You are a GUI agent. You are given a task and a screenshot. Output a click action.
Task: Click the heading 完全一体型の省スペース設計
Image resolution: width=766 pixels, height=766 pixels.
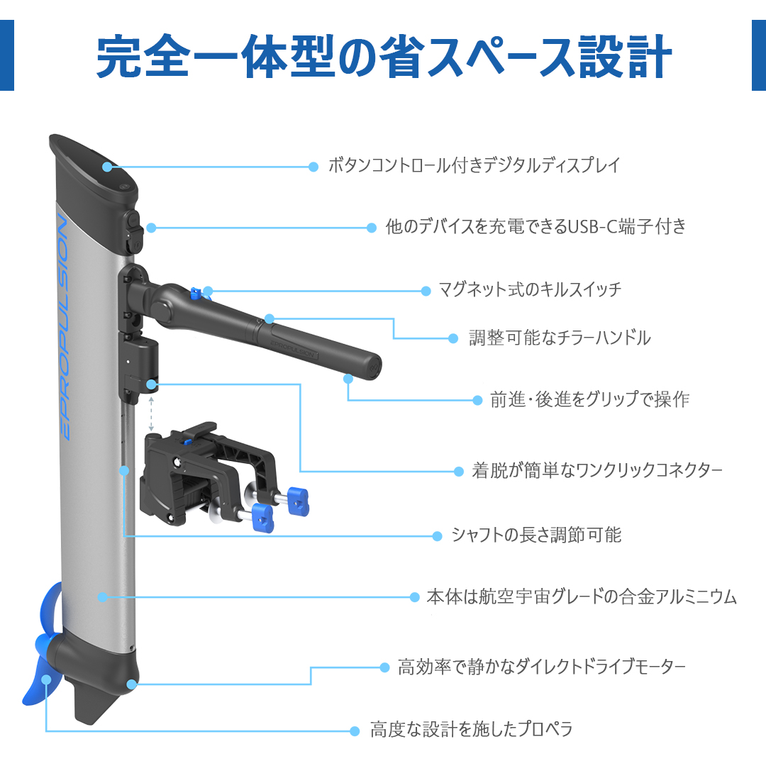tap(384, 56)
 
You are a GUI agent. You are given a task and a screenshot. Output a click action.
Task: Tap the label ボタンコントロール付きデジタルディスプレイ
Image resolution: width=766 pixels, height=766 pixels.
tap(474, 165)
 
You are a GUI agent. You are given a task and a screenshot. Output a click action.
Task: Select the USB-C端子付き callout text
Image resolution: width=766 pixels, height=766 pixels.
tap(536, 226)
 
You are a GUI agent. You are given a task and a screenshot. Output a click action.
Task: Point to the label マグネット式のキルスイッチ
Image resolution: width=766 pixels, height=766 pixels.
tap(530, 289)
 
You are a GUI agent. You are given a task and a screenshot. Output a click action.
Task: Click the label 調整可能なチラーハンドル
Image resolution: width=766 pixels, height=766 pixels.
tap(560, 338)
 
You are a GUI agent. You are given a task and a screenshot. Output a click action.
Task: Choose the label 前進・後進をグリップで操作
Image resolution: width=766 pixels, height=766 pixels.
tap(589, 399)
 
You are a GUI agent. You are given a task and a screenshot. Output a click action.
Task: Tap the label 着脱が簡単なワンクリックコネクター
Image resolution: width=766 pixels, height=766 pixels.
tap(597, 470)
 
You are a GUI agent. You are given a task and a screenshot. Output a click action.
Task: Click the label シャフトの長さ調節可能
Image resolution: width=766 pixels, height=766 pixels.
tap(536, 535)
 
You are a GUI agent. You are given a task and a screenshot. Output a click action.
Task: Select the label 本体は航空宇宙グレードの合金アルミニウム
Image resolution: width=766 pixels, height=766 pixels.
tap(582, 596)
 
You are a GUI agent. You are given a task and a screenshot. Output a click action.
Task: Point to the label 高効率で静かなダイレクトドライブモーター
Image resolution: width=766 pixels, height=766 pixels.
tap(542, 666)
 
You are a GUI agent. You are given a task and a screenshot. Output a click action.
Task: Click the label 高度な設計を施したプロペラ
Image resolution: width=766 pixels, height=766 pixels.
tap(471, 729)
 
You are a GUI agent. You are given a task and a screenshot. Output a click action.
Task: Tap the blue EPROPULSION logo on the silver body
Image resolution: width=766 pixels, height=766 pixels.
tap(63, 328)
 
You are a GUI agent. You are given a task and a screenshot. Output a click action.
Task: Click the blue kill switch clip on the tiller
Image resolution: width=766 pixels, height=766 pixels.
tap(196, 294)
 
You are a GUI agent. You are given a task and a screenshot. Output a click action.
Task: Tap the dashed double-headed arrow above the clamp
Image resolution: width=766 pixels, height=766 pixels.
tap(152, 413)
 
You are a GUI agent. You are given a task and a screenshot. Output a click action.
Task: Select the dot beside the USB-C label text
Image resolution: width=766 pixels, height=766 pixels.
tap(371, 228)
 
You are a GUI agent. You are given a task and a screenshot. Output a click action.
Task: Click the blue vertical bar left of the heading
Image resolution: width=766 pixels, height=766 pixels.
tap(7, 55)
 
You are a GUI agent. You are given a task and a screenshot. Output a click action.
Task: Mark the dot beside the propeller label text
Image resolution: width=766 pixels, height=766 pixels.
tap(355, 731)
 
